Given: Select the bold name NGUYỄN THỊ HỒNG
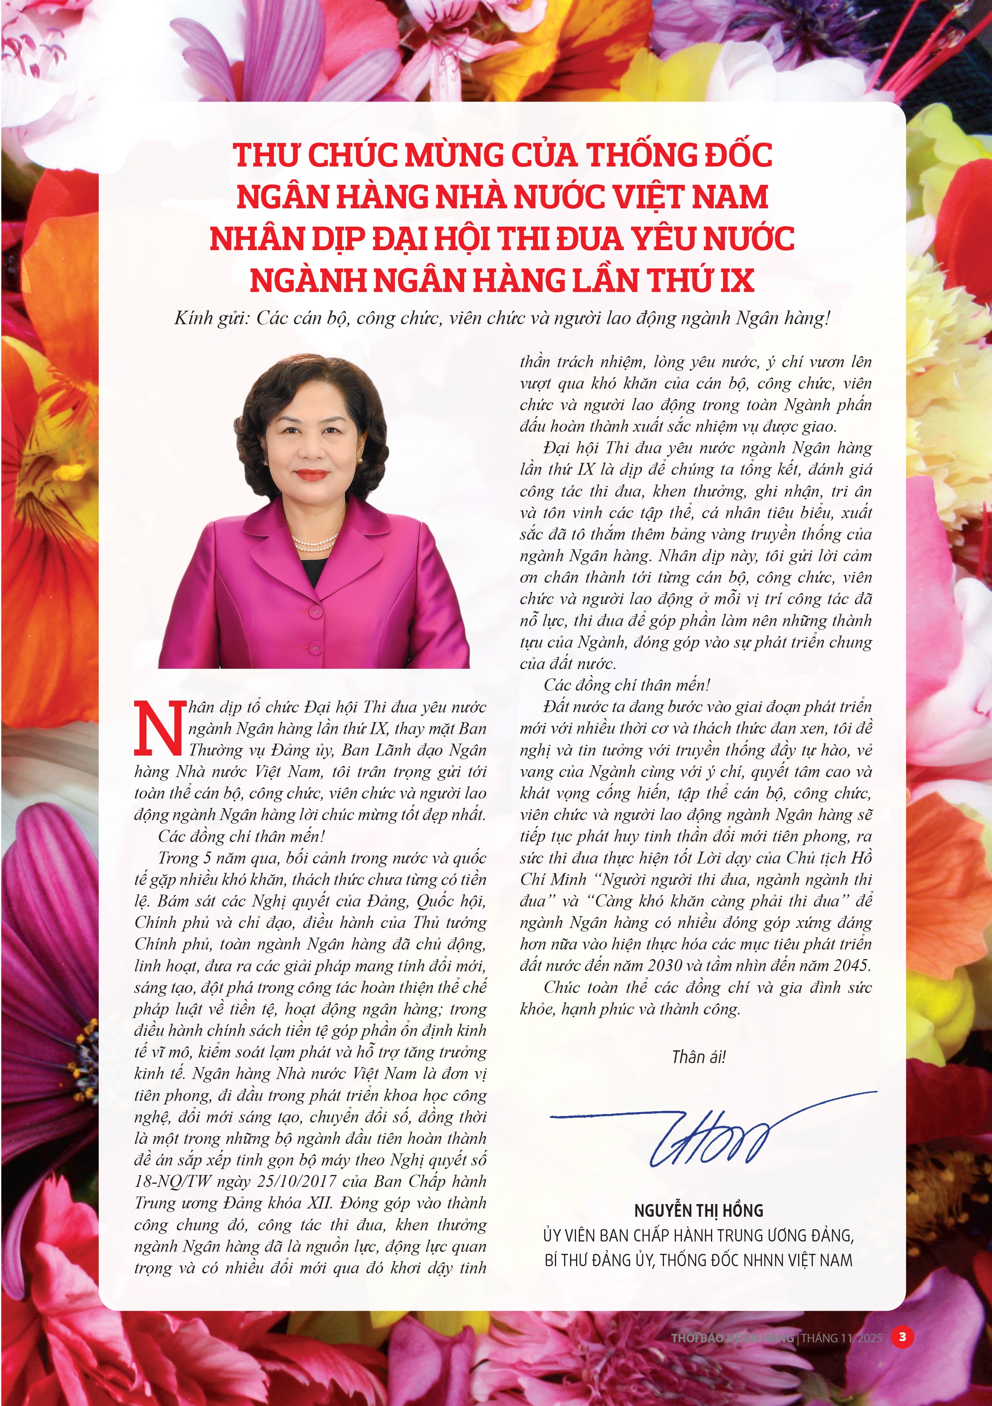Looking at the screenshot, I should pyautogui.click(x=698, y=1211).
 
